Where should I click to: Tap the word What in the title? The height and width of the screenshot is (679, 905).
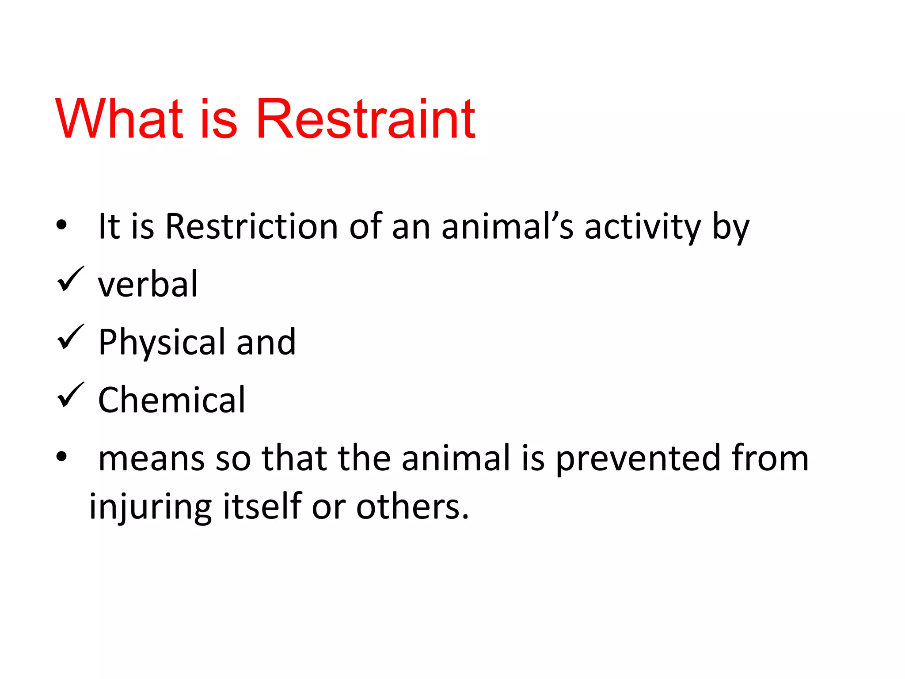click(x=118, y=119)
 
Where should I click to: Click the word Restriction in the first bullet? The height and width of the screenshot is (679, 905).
click(x=251, y=226)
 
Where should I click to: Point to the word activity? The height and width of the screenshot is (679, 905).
click(x=643, y=227)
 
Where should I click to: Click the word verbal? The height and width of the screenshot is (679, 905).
click(x=148, y=284)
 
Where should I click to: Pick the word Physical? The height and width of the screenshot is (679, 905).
click(x=162, y=343)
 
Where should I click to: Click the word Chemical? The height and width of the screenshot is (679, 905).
click(x=171, y=400)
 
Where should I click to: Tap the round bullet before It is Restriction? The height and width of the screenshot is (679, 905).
click(x=61, y=225)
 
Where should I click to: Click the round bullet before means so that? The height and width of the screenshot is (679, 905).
click(x=61, y=457)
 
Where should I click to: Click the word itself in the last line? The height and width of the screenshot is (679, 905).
click(x=262, y=506)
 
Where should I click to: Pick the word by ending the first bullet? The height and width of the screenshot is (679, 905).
click(x=731, y=227)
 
